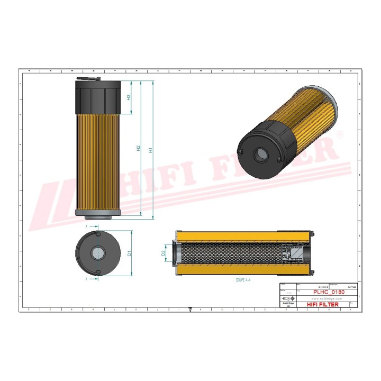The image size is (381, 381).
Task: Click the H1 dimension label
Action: pos(151,150)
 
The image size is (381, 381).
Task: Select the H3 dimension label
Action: pos(129,97)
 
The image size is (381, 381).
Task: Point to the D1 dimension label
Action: pos(129,253)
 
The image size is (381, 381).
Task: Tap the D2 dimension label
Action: pos(164,253)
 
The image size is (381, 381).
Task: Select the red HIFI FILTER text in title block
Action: pos(323,304)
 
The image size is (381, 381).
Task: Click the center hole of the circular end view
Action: pos(98,253)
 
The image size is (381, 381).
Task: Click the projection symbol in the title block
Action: pos(288,298)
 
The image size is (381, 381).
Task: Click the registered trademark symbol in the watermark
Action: pos(340,136)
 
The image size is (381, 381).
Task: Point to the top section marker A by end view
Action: pos(87,226)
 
